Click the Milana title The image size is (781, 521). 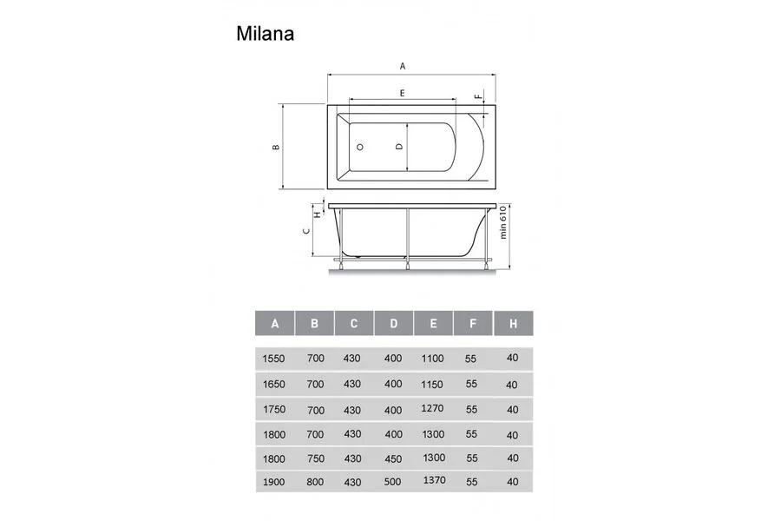point(265,34)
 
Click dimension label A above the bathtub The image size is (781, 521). point(403,66)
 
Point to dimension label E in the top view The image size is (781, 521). point(403,91)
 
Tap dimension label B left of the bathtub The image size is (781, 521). point(275,148)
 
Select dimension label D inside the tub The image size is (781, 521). point(399,148)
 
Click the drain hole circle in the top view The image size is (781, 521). point(360,148)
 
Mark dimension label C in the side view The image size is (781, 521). point(305,231)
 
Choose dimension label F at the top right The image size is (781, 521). point(476,96)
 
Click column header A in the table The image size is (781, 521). point(275,324)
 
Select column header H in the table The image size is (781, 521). point(513,324)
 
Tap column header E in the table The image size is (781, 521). point(433,324)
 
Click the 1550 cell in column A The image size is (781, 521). point(274,358)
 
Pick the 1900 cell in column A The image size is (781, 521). point(274,480)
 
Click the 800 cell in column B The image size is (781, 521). point(314,480)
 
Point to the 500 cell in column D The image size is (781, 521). point(393,480)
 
